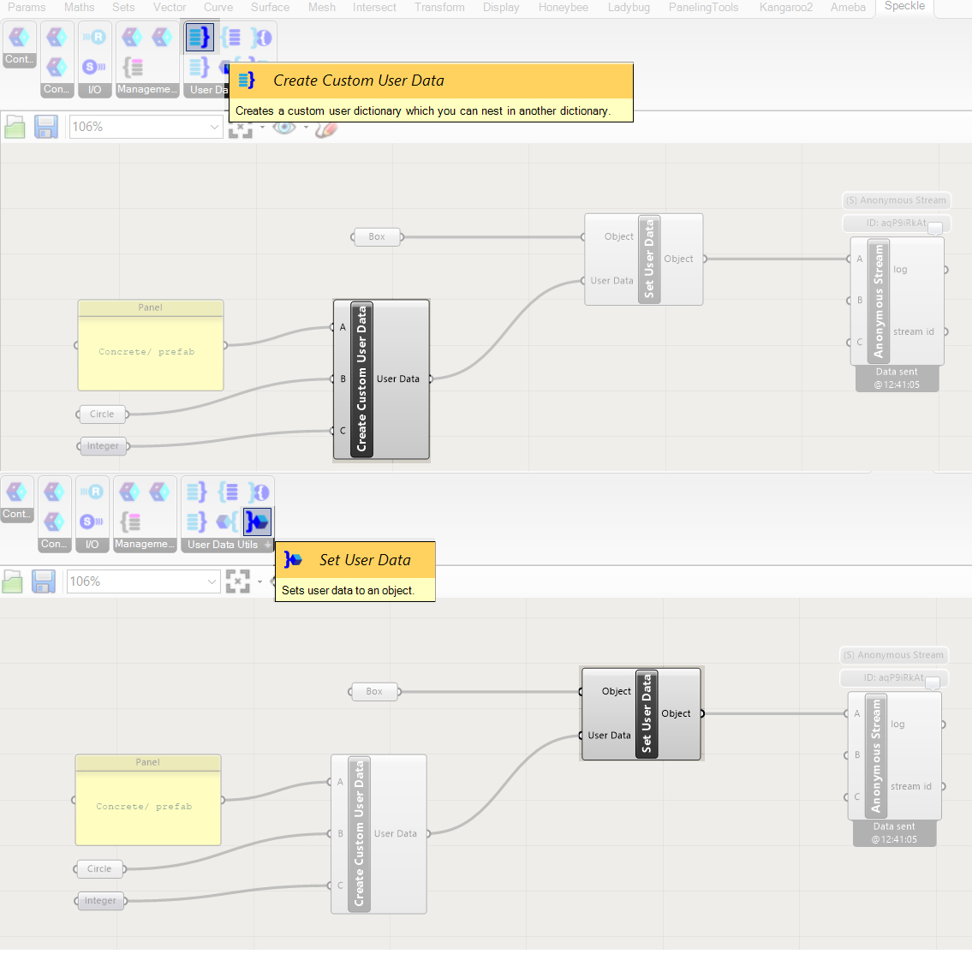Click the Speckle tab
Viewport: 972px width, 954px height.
904,6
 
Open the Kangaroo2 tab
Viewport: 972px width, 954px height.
785,7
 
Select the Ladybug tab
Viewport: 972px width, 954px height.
629,7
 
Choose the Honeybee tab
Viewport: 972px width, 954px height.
563,7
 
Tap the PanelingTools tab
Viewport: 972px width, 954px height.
703,7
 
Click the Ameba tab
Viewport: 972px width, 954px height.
848,7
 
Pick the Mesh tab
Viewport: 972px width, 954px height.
322,7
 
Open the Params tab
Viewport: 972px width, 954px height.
27,7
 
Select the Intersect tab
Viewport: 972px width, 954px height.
374,7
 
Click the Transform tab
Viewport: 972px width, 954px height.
439,7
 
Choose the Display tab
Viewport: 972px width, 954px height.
501,7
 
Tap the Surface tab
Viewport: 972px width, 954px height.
270,7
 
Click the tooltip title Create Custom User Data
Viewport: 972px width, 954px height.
359,80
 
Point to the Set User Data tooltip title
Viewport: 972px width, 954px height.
365,560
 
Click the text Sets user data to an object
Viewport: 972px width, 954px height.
348,590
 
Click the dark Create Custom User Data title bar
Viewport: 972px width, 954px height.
361,379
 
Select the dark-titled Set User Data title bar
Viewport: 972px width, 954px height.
647,714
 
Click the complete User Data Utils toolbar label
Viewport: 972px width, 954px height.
223,545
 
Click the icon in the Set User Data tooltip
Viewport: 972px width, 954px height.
293,560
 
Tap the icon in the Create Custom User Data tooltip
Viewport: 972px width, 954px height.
247,80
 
